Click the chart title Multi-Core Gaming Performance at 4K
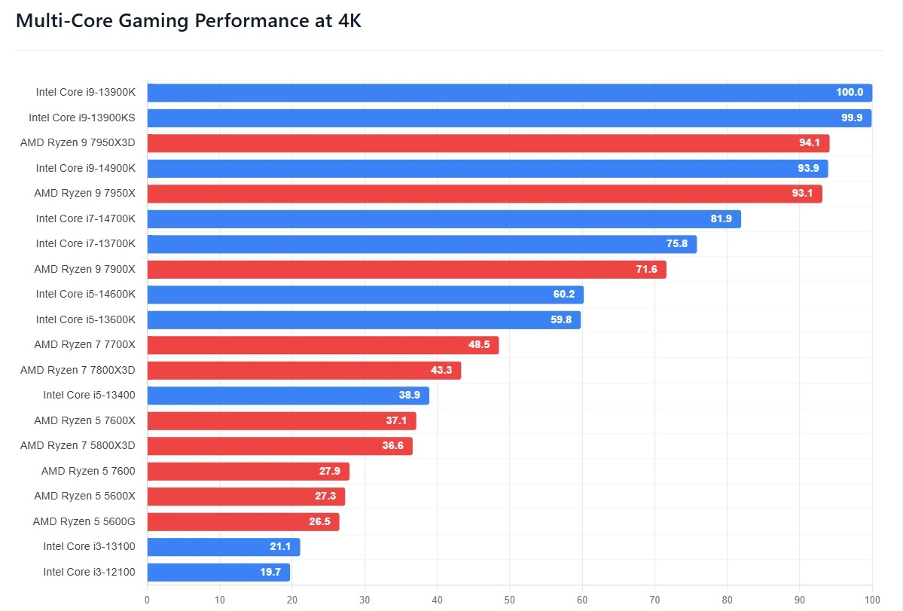pos(188,21)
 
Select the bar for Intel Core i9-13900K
pos(509,93)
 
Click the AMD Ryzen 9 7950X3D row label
pos(78,143)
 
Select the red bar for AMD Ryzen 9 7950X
pos(484,194)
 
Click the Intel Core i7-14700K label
pos(86,218)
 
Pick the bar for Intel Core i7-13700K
pos(422,244)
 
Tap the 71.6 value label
pos(646,270)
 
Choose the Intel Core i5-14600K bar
pos(365,295)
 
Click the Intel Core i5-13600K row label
pos(86,319)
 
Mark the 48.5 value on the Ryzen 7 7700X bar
pos(479,345)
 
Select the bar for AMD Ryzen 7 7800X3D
pos(304,371)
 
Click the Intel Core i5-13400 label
pos(89,396)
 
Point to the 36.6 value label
pos(392,446)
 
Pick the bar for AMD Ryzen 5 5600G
pos(243,521)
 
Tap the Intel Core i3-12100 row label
pos(89,572)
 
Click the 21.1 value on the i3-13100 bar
pos(280,547)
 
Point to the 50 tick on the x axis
pos(509,600)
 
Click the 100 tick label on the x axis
pos(871,600)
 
